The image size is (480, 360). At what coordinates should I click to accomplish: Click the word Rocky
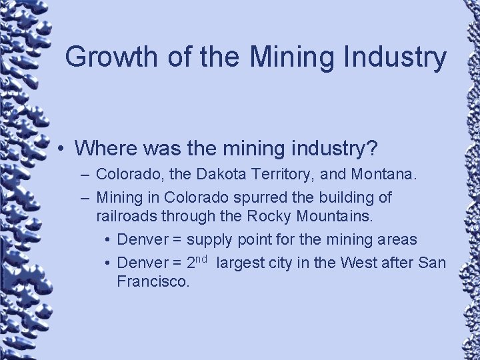tap(266, 216)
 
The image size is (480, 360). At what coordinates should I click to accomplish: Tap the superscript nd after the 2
tap(203, 258)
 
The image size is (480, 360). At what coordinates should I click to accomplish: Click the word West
tap(359, 263)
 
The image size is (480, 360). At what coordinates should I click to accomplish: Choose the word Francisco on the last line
tap(153, 281)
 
